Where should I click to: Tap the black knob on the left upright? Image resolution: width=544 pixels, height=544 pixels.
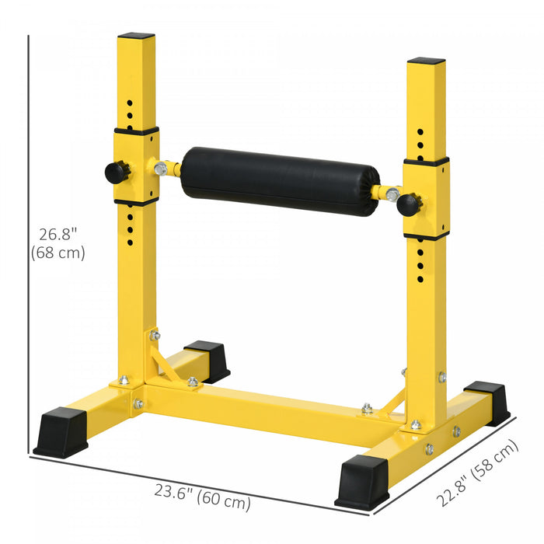(x=117, y=173)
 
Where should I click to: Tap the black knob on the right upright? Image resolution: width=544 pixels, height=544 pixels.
(x=409, y=205)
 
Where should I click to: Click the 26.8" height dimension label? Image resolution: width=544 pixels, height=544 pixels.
(x=58, y=233)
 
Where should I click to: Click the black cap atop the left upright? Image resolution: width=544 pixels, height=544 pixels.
(x=136, y=36)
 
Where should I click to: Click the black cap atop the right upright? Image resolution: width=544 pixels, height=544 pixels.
(x=426, y=61)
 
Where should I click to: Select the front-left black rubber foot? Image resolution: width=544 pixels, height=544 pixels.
(x=61, y=431)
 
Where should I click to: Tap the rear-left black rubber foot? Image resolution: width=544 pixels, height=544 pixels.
(x=207, y=359)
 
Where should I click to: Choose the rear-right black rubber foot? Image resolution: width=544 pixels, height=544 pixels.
(x=488, y=401)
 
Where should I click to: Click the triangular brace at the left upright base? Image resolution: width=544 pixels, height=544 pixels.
(x=166, y=362)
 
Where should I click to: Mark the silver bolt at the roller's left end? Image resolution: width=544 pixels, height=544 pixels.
(x=162, y=168)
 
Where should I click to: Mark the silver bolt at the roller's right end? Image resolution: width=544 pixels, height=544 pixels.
(x=391, y=194)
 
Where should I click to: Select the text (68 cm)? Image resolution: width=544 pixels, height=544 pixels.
(x=58, y=253)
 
